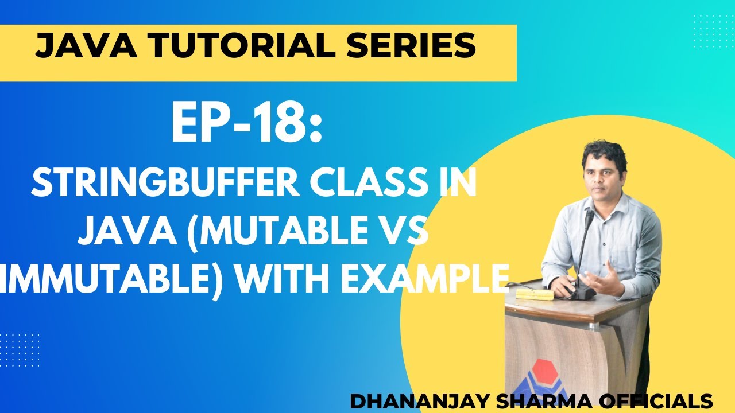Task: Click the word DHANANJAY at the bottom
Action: (413, 401)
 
